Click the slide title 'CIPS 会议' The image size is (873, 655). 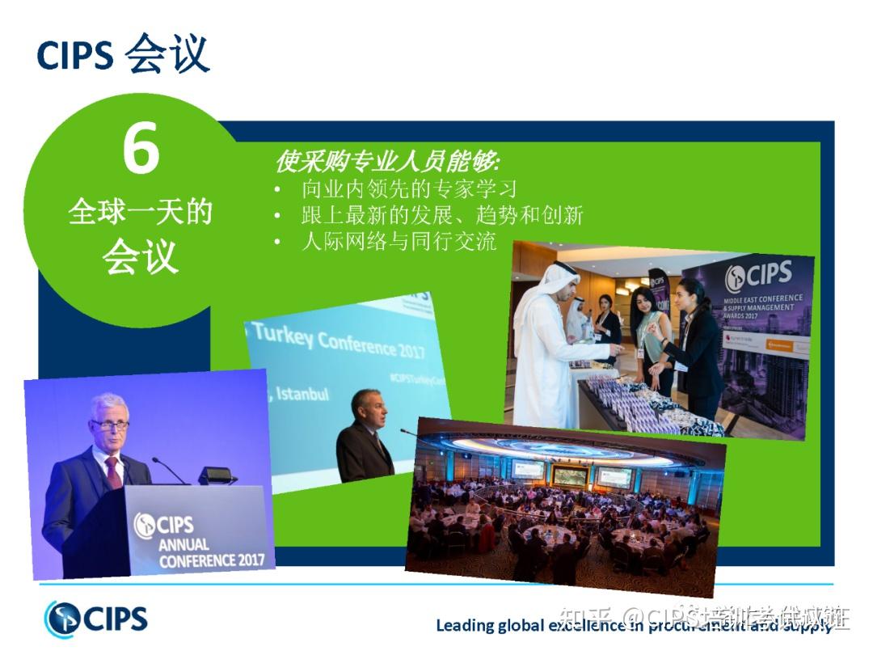[123, 54]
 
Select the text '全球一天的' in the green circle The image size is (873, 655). [141, 212]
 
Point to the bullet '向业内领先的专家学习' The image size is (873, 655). [408, 189]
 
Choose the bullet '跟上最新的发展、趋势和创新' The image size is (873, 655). [441, 215]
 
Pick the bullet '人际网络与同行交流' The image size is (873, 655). [399, 241]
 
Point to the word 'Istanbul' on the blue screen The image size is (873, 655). [302, 394]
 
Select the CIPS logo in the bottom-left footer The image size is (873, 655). [97, 619]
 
